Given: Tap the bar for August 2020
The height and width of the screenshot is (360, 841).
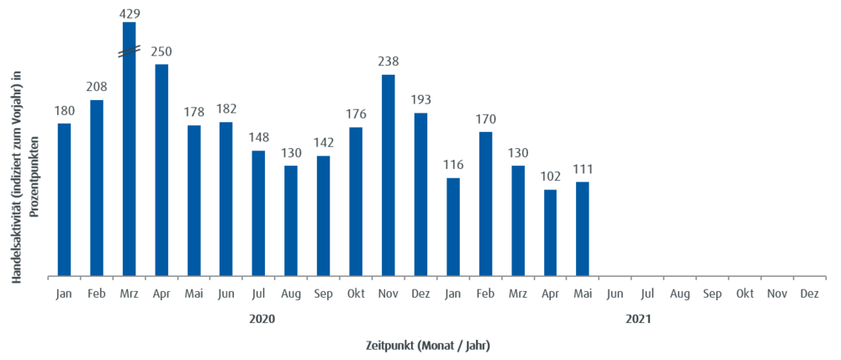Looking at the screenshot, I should (291, 220).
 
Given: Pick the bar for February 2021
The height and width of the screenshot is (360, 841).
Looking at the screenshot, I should (485, 203).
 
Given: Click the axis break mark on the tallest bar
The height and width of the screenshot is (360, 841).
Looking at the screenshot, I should (129, 52).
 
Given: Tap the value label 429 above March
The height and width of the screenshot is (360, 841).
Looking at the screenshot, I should (130, 13).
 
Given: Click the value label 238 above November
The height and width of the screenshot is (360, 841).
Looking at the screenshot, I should (388, 61).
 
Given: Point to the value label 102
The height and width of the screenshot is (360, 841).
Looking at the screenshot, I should (550, 177).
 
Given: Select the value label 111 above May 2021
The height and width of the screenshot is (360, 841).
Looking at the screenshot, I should (582, 169).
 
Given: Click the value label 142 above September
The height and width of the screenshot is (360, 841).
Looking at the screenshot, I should (323, 143).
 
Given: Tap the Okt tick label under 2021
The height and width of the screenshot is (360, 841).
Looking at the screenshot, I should (744, 294).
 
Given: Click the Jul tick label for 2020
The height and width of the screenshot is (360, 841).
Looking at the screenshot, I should (258, 294).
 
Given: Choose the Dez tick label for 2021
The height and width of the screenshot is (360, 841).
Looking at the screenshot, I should (809, 294).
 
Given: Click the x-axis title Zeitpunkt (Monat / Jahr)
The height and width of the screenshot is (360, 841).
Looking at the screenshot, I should (428, 345).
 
